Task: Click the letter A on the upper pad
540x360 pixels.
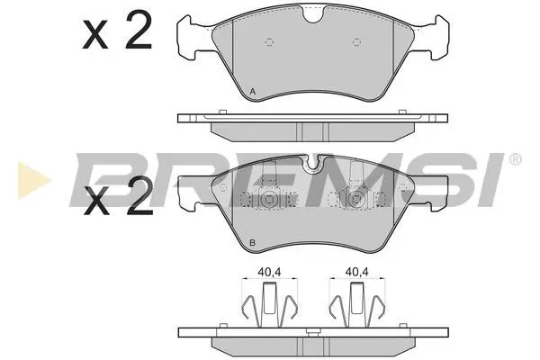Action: [253, 92]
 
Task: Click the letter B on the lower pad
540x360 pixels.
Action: [253, 243]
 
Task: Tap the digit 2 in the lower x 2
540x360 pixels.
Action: [137, 201]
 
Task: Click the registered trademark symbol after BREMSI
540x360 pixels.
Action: [514, 160]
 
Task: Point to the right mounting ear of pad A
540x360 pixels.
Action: [436, 38]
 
